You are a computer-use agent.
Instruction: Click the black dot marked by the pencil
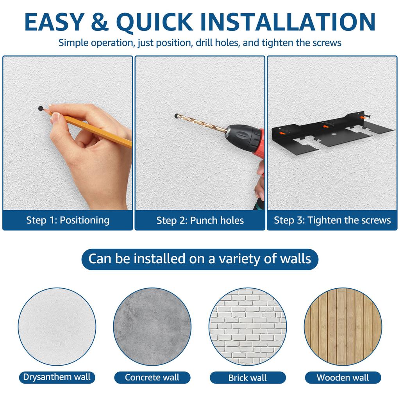41,109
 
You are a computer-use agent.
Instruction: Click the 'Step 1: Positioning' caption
68,220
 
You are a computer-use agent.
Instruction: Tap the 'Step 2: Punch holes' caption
200,220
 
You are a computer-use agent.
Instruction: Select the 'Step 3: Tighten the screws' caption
332,220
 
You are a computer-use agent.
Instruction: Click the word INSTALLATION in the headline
288,22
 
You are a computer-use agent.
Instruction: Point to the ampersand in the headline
100,22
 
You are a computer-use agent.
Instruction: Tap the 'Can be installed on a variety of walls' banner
200,259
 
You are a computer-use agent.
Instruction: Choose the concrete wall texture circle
152,327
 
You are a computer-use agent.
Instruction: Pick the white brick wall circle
247,327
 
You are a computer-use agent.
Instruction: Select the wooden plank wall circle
343,327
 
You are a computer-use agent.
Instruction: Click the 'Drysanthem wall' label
57,377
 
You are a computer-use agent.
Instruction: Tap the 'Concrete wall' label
152,378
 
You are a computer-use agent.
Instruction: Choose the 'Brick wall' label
247,378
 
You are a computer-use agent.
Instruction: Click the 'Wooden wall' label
343,378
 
